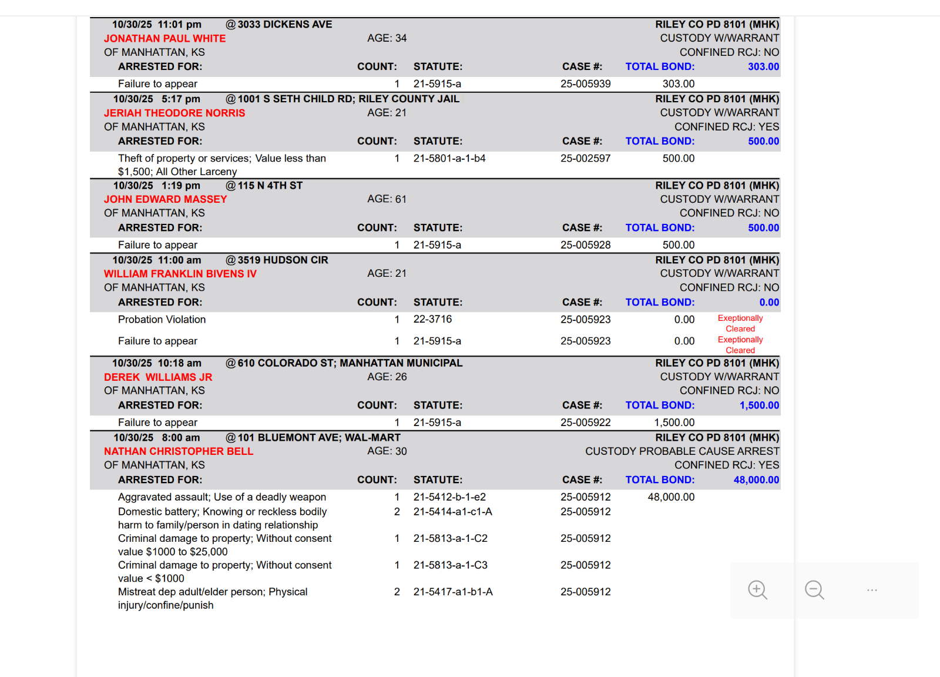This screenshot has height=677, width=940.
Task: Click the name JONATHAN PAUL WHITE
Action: [x=164, y=39]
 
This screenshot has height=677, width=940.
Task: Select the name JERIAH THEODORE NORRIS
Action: [x=174, y=113]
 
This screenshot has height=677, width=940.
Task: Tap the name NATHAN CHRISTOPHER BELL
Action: [x=179, y=451]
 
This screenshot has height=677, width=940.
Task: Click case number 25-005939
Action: [x=585, y=84]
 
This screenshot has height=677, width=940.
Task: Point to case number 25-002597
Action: [x=585, y=159]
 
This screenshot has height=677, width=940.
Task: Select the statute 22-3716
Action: [x=432, y=319]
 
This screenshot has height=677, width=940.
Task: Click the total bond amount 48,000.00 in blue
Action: [x=756, y=480]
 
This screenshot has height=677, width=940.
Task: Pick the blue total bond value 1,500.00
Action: [x=759, y=405]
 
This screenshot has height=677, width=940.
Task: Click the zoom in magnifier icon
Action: [x=757, y=590]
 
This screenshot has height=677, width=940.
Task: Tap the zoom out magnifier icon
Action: [x=814, y=590]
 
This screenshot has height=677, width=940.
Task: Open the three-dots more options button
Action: [x=872, y=590]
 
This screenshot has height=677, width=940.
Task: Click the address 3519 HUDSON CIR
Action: [x=283, y=260]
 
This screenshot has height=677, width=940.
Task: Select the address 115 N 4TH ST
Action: [x=270, y=186]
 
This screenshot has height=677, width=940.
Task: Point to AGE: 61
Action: [x=387, y=199]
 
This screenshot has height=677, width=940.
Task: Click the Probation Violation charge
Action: [x=162, y=320]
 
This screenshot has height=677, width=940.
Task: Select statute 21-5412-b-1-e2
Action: [x=449, y=497]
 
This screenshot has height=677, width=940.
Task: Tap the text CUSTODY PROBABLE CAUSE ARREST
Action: [x=682, y=451]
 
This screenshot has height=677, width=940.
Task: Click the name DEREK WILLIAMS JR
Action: [x=158, y=377]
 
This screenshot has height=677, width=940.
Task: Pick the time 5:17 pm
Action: [x=180, y=99]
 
